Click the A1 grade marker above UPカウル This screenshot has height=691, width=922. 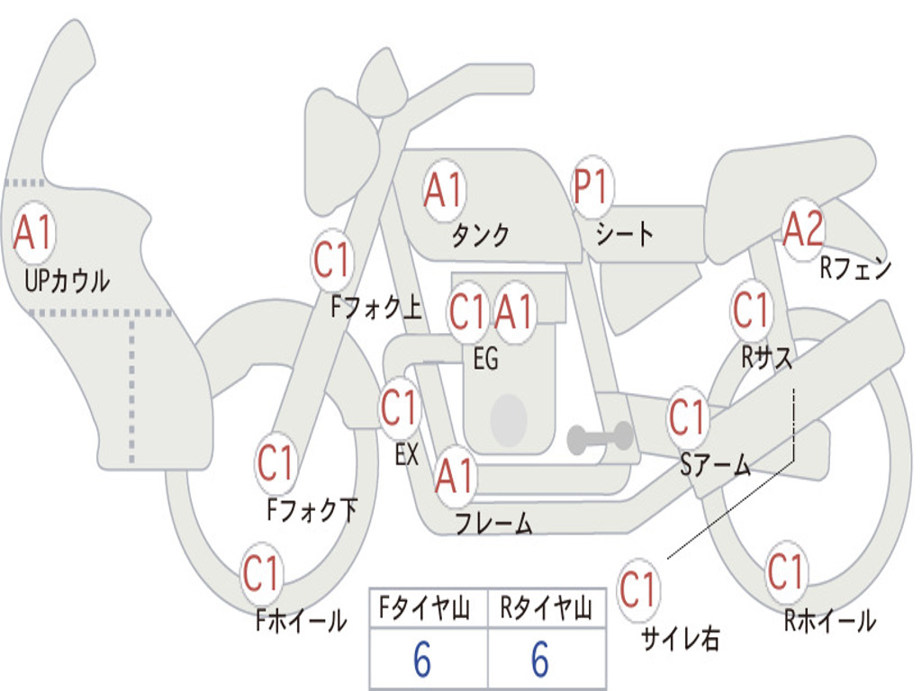pos(34,233)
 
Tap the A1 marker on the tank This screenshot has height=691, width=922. pos(445,191)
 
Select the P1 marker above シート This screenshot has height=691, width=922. pos(592,187)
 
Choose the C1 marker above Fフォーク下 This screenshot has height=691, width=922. pos(276,463)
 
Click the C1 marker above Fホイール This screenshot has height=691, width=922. pos(262,573)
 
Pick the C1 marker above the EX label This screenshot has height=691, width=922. pos(400,408)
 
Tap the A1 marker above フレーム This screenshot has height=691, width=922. pos(455,476)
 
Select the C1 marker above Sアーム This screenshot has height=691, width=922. pos(687,417)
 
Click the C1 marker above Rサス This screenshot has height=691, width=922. pos(752,310)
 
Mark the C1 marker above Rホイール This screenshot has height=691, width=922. pos(786,571)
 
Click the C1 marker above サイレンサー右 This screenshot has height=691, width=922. pos(638,589)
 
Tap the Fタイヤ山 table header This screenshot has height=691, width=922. pos(425,608)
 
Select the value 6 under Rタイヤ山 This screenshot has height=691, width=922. pos(540,660)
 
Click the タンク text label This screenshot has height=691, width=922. pos(481,235)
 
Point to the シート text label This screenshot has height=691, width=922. pos(625,233)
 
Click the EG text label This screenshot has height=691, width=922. pos(485,358)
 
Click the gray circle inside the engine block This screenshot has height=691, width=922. pos(509,419)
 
